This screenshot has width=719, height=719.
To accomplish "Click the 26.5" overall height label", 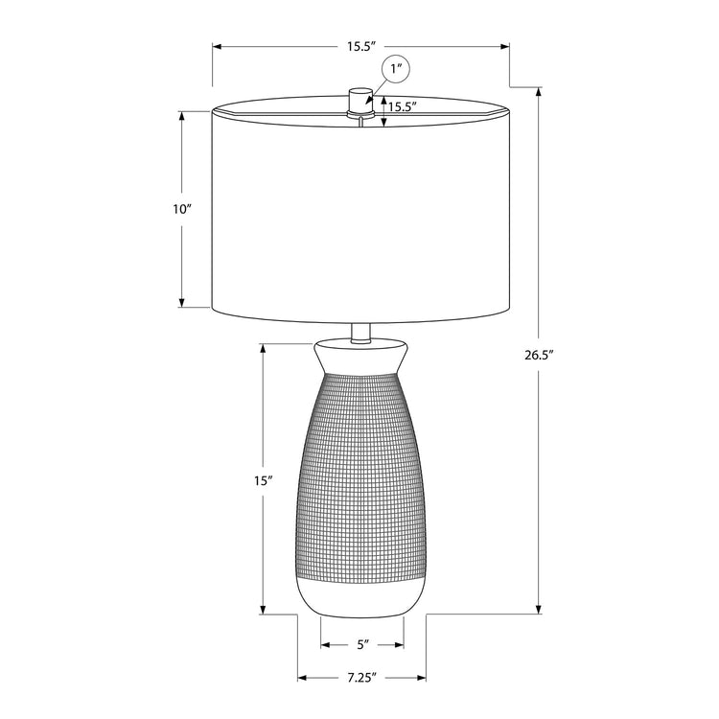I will pyautogui.click(x=540, y=355).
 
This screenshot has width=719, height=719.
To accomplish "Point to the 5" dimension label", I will pyautogui.click(x=361, y=644).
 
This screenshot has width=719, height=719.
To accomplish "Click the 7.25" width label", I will pyautogui.click(x=361, y=678).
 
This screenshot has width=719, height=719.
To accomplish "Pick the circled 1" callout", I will pyautogui.click(x=397, y=69).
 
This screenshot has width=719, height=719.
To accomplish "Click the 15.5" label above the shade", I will pyautogui.click(x=360, y=46).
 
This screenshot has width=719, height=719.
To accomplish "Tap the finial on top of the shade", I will pyautogui.click(x=359, y=98).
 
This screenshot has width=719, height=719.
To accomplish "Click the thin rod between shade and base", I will pyautogui.click(x=360, y=332).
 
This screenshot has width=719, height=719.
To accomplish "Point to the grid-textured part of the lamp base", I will pyautogui.click(x=361, y=470).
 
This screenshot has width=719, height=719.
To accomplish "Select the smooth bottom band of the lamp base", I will pyautogui.click(x=361, y=596).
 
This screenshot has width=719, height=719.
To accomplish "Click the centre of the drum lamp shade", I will pyautogui.click(x=360, y=211).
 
